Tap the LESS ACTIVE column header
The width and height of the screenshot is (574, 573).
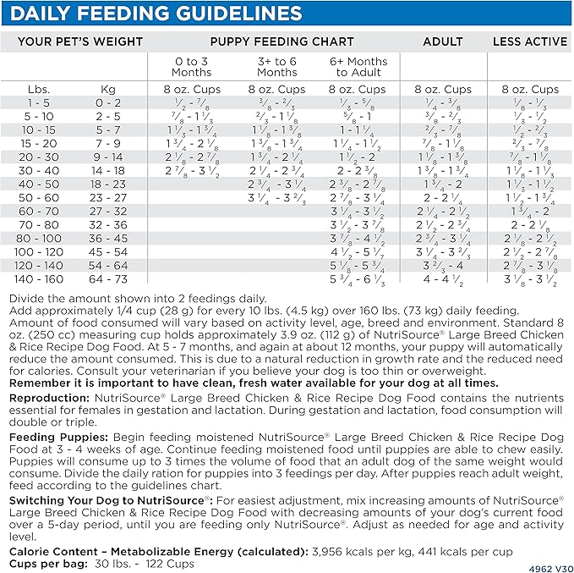(x=529, y=41)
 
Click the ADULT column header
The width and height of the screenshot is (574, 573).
(x=443, y=41)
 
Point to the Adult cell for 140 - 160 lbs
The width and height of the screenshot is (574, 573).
(x=443, y=278)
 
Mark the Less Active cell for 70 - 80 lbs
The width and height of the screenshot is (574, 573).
(x=529, y=224)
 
